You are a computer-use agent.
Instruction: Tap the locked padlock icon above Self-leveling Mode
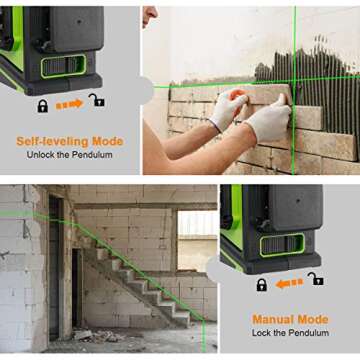[43, 104]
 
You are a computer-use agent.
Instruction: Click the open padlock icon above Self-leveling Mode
[96, 102]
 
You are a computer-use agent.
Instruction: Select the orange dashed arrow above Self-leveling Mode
[69, 104]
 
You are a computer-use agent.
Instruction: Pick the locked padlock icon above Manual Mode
[262, 285]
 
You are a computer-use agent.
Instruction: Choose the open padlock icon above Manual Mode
[316, 280]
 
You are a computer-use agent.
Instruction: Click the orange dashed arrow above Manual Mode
[289, 284]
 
